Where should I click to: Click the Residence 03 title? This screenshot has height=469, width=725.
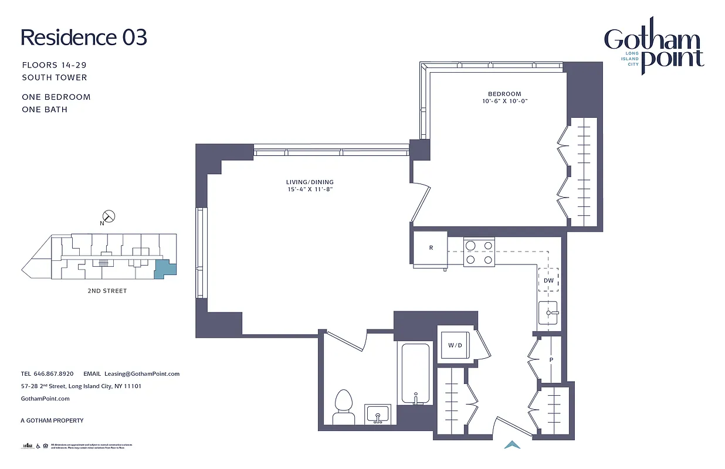pyautogui.click(x=84, y=37)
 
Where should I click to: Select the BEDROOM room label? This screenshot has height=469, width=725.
pyautogui.click(x=504, y=94)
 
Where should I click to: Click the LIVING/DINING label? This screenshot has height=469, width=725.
pyautogui.click(x=309, y=182)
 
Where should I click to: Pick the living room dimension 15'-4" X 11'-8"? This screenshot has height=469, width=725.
pyautogui.click(x=309, y=190)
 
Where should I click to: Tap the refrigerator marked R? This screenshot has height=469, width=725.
pyautogui.click(x=431, y=248)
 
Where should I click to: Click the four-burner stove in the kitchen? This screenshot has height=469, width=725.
pyautogui.click(x=479, y=252)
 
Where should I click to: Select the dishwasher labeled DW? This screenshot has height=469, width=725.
pyautogui.click(x=548, y=280)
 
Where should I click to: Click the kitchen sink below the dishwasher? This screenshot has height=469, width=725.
pyautogui.click(x=550, y=313)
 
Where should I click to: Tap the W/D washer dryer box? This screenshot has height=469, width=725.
pyautogui.click(x=455, y=345)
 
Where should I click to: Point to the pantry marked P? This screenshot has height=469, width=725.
pyautogui.click(x=550, y=360)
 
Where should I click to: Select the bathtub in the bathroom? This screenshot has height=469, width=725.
pyautogui.click(x=415, y=373)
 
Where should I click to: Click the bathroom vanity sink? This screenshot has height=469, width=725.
pyautogui.click(x=378, y=414)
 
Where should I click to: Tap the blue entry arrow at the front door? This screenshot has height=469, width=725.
pyautogui.click(x=512, y=445)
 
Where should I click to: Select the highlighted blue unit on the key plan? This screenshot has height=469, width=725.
pyautogui.click(x=163, y=269)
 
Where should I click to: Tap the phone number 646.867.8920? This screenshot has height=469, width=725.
pyautogui.click(x=53, y=373)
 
